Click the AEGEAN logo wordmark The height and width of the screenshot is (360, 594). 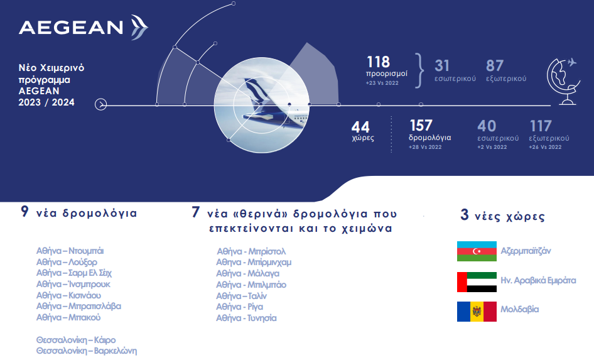[x=71, y=28]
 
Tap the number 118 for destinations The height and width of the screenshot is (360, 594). [x=378, y=62]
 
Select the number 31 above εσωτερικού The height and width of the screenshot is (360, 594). [x=441, y=65]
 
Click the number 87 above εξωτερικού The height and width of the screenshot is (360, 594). [x=494, y=65]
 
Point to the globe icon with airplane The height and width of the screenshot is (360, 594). [x=564, y=81]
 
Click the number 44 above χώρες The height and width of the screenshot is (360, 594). [x=360, y=127]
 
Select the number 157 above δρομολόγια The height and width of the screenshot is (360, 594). [x=421, y=126]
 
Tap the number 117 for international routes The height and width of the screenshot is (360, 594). [x=541, y=126]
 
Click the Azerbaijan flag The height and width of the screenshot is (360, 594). [x=477, y=251]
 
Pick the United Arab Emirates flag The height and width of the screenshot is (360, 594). [x=477, y=282]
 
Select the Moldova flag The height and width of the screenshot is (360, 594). [x=477, y=312]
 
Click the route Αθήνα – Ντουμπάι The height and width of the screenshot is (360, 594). [x=70, y=251]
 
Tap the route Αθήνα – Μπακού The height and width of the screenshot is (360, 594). [x=68, y=317]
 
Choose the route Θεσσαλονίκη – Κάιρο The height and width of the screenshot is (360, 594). [x=76, y=340]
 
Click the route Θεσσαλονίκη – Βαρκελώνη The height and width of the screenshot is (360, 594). [x=87, y=351]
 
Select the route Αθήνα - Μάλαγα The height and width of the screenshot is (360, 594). [x=248, y=273]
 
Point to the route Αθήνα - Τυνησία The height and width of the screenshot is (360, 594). [x=247, y=319]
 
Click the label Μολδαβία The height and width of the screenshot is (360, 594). [x=520, y=309]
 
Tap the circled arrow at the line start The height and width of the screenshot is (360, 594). [x=100, y=104]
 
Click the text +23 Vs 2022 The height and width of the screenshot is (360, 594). [x=382, y=83]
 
